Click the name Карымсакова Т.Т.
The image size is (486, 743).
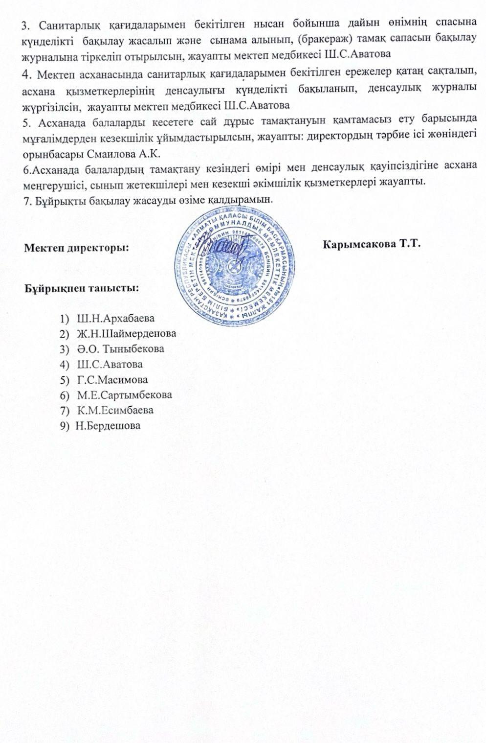[372, 244]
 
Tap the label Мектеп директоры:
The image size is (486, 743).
[76, 248]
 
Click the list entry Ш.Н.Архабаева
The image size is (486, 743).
[116, 318]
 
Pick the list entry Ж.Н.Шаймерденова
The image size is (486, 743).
[127, 333]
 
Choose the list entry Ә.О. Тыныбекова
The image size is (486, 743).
[120, 349]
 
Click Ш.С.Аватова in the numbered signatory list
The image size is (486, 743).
[110, 364]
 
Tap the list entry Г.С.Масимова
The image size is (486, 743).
[112, 379]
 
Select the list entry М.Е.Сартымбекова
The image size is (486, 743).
[125, 395]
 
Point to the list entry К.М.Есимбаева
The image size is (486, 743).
[115, 410]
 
